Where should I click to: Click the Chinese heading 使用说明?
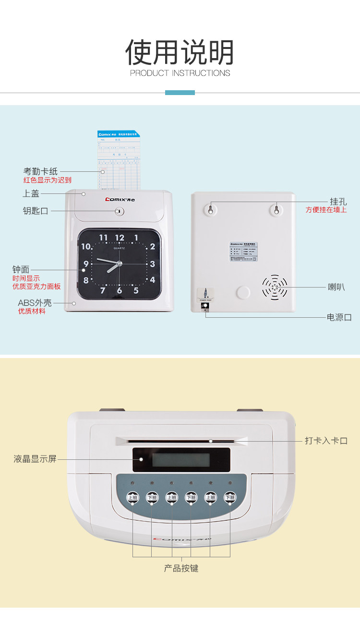coord(180,52)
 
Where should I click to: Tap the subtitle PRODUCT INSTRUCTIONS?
coord(180,73)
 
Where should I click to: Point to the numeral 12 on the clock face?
coord(120,238)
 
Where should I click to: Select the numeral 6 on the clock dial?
coord(119,290)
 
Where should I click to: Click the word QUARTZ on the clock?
coord(120,248)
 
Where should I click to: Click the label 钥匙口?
coord(36,211)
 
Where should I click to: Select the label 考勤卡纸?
coord(40,171)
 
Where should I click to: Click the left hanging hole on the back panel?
coord(210,209)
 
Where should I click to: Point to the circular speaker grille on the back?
coord(275,287)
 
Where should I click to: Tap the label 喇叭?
coord(336,287)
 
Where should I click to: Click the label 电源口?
coord(339,317)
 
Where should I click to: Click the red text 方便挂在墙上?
coord(326,210)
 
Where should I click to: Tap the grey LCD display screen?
coord(181,460)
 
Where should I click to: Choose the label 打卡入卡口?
coord(326,441)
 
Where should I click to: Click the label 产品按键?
coord(181,568)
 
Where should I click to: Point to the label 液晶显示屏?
coord(35,459)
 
